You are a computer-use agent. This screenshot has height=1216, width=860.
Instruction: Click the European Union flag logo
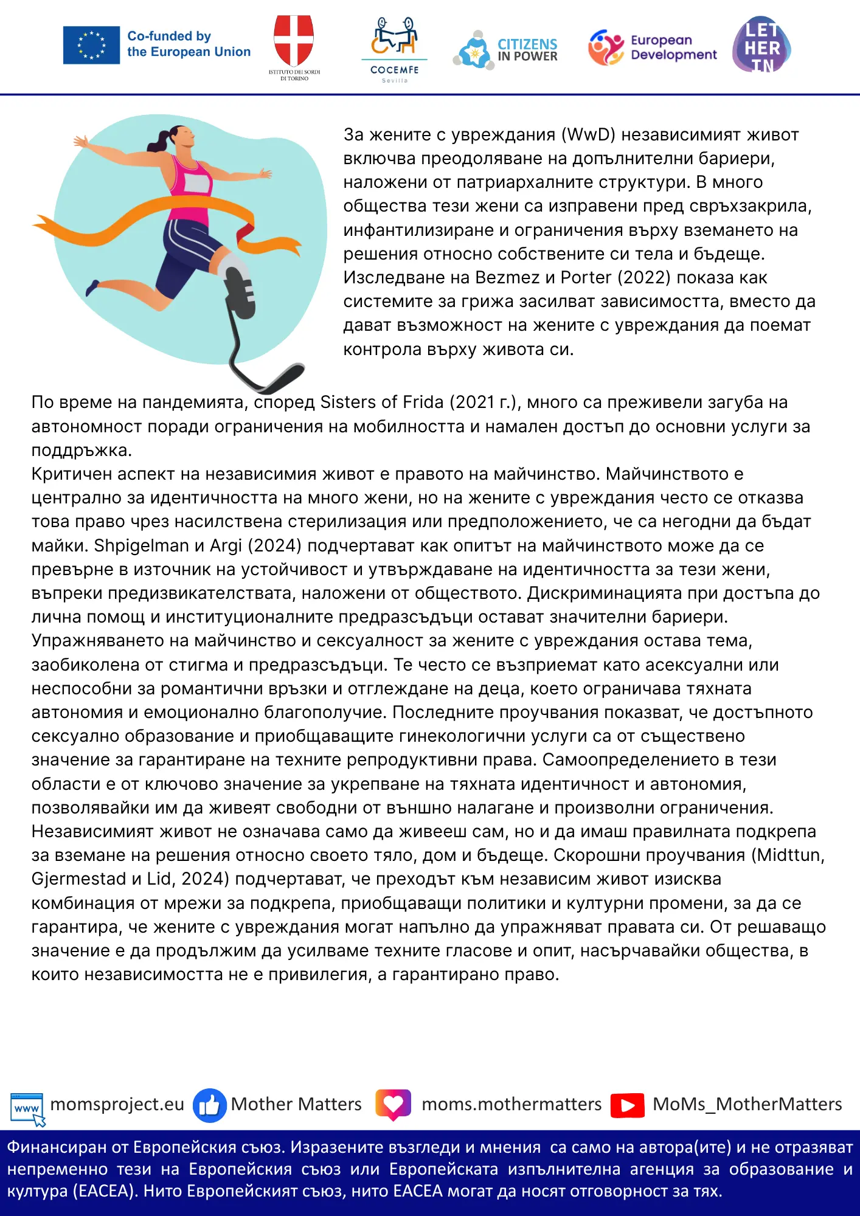click(91, 45)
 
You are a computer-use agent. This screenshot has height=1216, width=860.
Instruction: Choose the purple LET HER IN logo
click(761, 46)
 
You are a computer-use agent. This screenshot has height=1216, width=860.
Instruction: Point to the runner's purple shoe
click(92, 286)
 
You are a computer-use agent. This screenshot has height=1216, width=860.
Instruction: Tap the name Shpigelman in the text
click(141, 546)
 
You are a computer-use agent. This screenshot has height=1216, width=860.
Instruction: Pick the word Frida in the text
click(420, 402)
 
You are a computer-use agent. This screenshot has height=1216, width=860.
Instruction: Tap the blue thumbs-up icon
click(209, 1105)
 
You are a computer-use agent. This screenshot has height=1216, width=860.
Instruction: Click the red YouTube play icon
click(628, 1105)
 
